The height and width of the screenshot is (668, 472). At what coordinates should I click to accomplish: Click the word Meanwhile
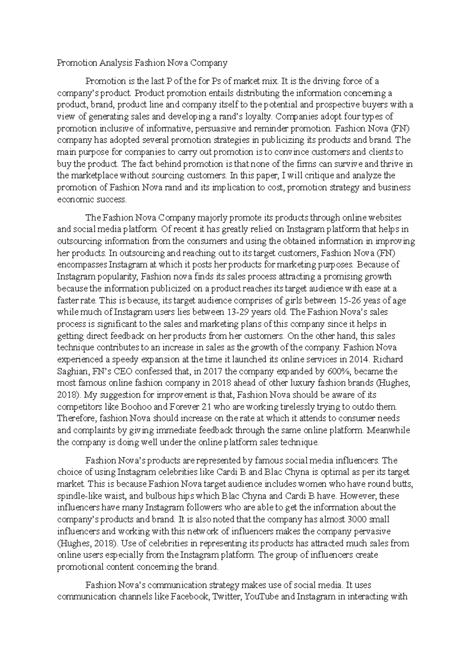pyautogui.click(x=388, y=430)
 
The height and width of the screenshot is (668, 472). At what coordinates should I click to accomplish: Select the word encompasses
pyautogui.click(x=82, y=265)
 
